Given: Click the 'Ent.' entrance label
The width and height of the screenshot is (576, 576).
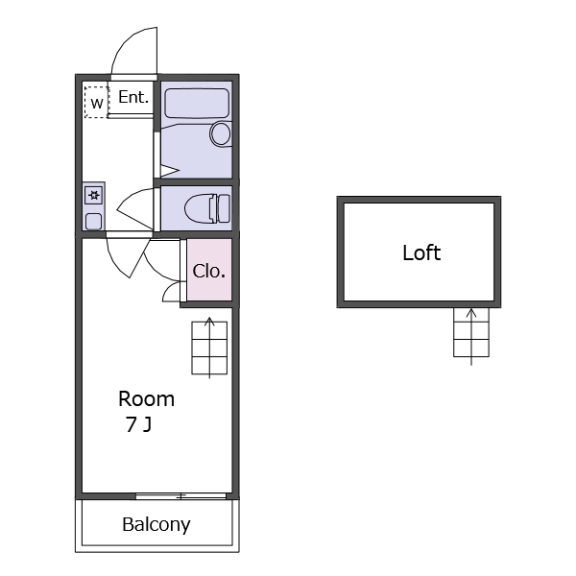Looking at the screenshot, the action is [133, 97].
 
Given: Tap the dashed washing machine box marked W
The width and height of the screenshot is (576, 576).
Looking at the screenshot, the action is [97, 102].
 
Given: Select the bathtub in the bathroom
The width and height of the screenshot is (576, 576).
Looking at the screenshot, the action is [197, 104].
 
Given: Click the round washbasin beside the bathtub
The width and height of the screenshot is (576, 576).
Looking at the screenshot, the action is [221, 134].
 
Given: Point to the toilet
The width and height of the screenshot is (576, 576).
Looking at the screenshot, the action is [207, 208].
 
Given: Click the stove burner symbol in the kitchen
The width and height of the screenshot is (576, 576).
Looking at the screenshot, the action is [94, 195].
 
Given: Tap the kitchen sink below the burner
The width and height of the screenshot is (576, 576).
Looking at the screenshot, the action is [94, 222].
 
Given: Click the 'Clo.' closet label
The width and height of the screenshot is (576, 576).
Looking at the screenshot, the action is [208, 271].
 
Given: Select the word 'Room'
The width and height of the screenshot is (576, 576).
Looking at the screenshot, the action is [146, 399].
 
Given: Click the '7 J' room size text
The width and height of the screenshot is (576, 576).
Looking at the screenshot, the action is [138, 424].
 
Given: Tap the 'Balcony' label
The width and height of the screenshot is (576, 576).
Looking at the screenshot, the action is [156, 524].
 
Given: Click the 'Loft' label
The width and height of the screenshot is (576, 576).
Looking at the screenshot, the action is [421, 252].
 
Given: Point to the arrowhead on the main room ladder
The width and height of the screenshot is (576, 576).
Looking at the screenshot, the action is [209, 321].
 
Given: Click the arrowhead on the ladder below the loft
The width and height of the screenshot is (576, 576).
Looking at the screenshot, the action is [471, 313].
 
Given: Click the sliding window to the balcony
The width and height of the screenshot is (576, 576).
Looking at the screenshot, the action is [180, 496].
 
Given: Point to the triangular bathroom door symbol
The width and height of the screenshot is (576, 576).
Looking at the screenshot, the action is [169, 171].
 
